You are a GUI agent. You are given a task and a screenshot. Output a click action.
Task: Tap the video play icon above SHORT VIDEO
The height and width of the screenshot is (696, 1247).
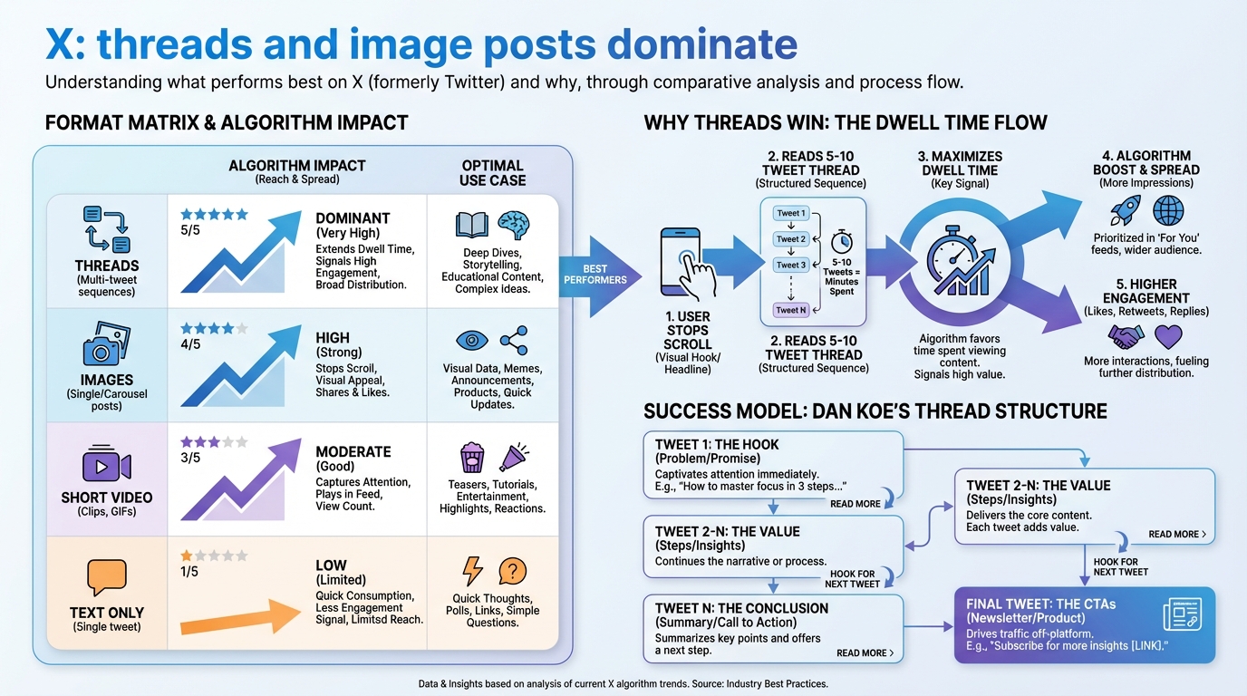pos(106,466)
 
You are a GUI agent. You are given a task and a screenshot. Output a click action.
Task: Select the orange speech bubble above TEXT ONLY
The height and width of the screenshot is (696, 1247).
pos(106,577)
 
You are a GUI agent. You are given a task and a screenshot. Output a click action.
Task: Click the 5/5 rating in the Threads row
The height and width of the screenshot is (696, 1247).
pos(191,231)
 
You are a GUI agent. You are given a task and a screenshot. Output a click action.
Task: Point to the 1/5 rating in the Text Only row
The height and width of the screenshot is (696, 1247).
pos(190,571)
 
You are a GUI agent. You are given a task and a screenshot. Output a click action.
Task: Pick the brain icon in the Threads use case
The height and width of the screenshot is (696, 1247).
pos(513,225)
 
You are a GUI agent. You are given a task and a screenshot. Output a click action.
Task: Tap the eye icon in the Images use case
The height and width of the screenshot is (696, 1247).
pos(471,341)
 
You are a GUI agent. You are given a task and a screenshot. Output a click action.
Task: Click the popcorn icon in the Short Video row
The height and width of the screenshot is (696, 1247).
pos(471,457)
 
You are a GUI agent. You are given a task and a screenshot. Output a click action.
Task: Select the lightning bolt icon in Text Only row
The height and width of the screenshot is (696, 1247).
pos(472,571)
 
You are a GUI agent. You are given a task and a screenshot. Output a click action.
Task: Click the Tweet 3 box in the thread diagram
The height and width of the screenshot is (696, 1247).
pos(790,266)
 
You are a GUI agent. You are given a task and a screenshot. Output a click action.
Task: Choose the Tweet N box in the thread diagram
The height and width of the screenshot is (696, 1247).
pos(790,310)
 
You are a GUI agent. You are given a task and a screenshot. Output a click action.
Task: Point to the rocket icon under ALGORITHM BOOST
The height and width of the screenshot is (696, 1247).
pos(1125,211)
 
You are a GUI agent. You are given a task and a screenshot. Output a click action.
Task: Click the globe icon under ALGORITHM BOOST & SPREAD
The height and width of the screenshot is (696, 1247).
pos(1168,210)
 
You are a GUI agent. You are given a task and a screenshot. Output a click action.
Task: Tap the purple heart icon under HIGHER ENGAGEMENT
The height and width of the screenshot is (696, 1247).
pos(1168,337)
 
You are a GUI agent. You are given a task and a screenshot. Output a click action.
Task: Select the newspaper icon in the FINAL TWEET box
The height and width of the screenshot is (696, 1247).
pos(1183,614)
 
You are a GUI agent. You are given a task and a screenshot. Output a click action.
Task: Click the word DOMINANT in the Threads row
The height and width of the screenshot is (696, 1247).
pos(353,218)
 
